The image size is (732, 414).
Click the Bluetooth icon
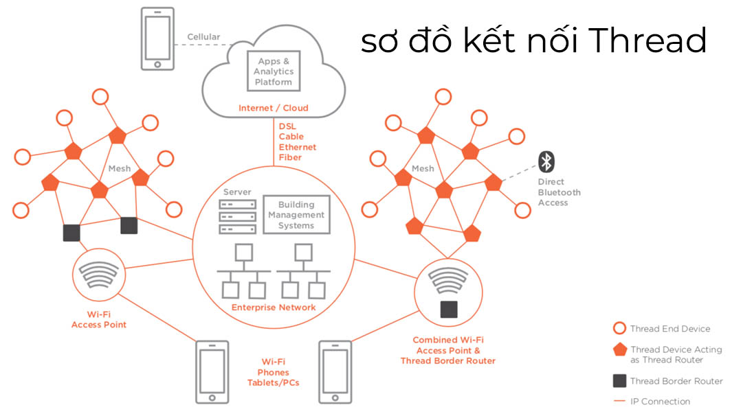(x=546, y=162)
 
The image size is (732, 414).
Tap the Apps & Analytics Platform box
(x=274, y=71)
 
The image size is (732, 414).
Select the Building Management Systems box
(x=296, y=214)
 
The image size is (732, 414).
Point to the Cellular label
(x=203, y=36)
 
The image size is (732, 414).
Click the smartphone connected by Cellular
(x=157, y=38)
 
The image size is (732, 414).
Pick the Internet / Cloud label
(x=273, y=108)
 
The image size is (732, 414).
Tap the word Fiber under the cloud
(x=289, y=157)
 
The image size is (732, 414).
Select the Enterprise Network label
(x=274, y=307)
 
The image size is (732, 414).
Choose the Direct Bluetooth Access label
(x=558, y=192)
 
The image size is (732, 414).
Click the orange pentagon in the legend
(x=620, y=349)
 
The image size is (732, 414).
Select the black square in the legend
(x=620, y=381)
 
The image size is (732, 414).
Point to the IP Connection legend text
(x=660, y=401)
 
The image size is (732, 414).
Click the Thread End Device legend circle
(x=620, y=328)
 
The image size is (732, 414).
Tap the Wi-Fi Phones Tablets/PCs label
(x=273, y=371)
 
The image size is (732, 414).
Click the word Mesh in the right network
(x=423, y=168)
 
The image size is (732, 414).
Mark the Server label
(x=237, y=192)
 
